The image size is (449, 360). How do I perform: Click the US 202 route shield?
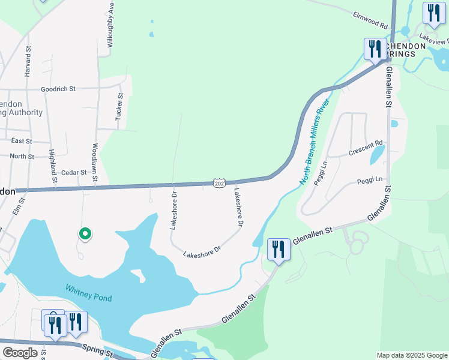pyautogui.click(x=219, y=183)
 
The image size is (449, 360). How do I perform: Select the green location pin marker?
pyautogui.click(x=85, y=234)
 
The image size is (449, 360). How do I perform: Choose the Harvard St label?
pyautogui.click(x=28, y=62)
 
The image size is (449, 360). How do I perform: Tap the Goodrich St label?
pyautogui.click(x=58, y=89)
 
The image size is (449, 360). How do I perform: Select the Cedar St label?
pyautogui.click(x=74, y=172)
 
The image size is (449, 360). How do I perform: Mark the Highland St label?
pyautogui.click(x=53, y=166)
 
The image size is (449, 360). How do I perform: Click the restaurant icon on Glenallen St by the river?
pyautogui.click(x=279, y=248)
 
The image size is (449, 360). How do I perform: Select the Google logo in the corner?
pyautogui.click(x=20, y=353)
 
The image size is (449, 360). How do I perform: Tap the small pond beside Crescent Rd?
pyautogui.click(x=378, y=155)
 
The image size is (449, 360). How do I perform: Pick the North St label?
pyautogui.click(x=22, y=156)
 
